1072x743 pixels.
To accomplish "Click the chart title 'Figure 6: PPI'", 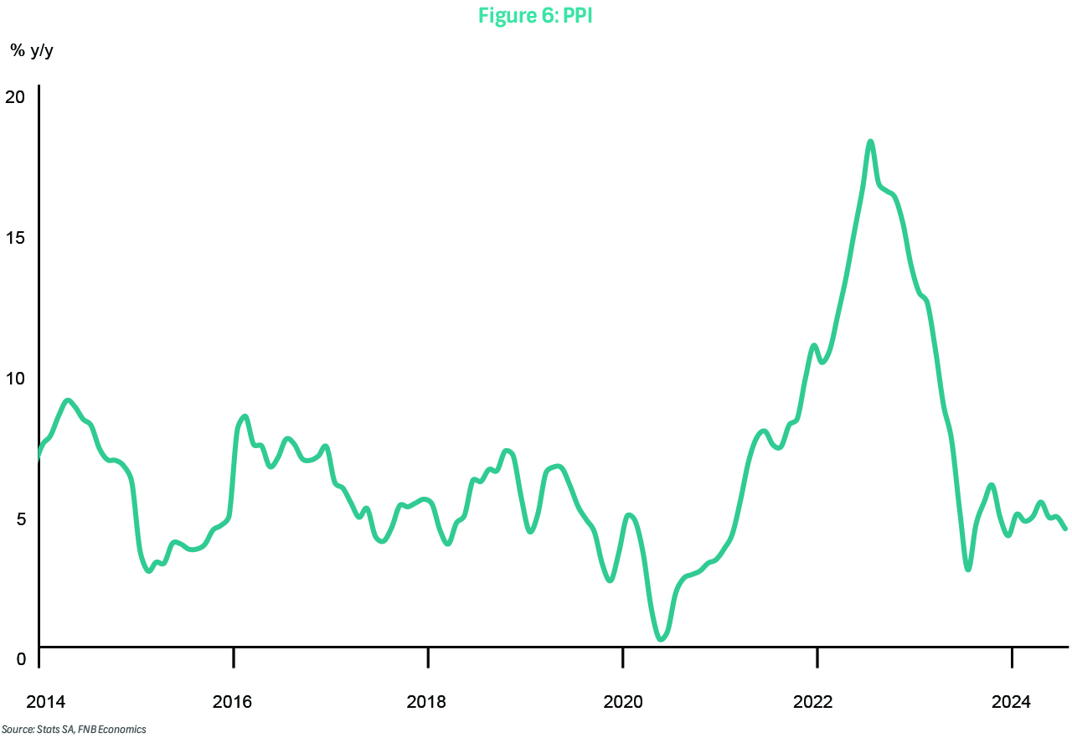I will pos(535,15).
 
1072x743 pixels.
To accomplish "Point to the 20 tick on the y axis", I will pos(16,96).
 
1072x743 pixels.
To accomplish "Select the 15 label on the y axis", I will pos(16,237).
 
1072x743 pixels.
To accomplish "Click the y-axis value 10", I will pos(16,378).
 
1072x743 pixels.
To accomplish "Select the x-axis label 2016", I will pos(233,700).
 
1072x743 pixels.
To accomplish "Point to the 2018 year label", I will pos(427,700).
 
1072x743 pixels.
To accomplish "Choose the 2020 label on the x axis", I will pos(622,700).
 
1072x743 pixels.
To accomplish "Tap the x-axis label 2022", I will pos(817,700).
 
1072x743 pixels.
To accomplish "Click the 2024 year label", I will pos(1011,700).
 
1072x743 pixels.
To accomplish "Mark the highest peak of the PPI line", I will pos(870,142).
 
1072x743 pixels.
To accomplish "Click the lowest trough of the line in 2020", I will pos(661,639).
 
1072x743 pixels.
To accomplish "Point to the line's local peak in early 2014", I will pos(68,400).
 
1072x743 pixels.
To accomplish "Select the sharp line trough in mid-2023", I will pos(968,570).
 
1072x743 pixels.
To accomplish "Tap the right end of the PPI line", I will pos(1065,529).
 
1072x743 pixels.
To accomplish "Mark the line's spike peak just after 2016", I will pos(244,416).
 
